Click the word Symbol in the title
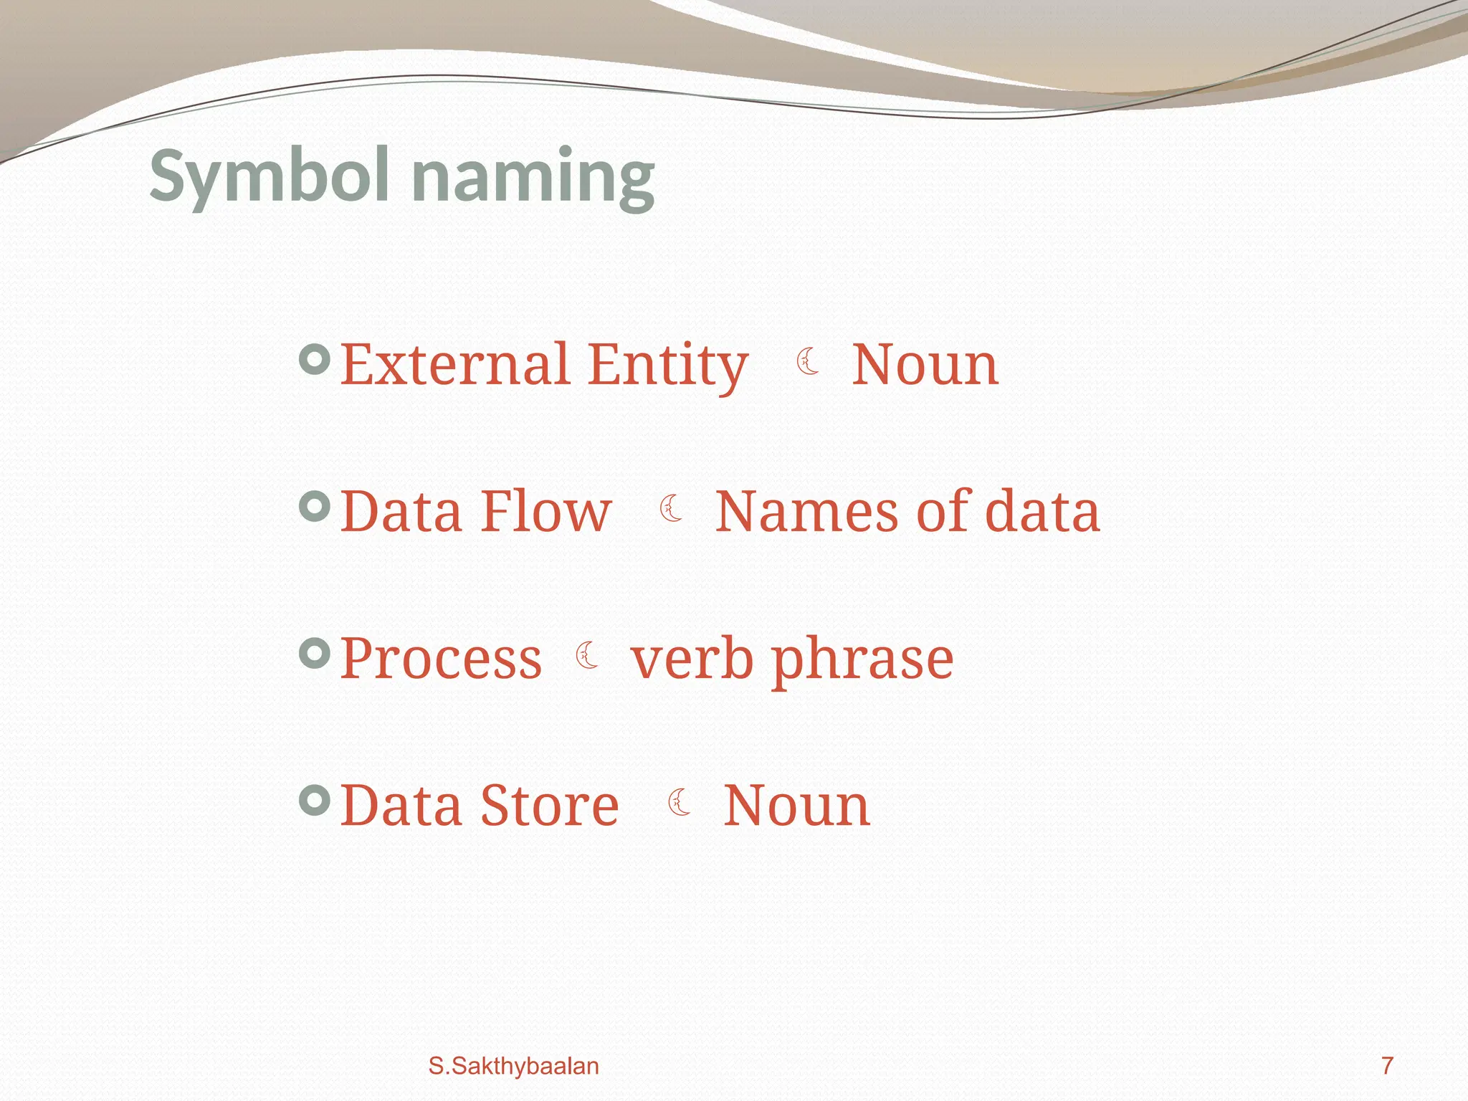tap(270, 176)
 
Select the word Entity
tap(668, 366)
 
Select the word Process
tap(441, 659)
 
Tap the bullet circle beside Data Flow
tap(314, 507)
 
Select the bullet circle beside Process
tap(314, 653)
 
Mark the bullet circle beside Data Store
tap(314, 800)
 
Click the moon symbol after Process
tap(587, 655)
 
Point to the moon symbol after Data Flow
tap(671, 508)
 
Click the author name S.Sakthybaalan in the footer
tap(513, 1066)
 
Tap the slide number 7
tap(1387, 1066)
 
